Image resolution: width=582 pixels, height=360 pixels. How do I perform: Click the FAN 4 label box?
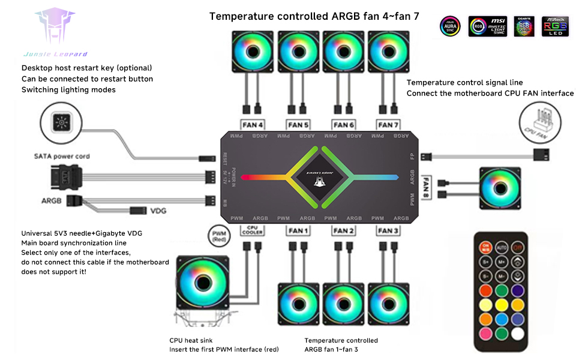[x=252, y=125]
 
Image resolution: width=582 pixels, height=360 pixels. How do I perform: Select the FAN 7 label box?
[x=385, y=125]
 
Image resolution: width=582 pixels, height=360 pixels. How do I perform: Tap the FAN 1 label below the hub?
[x=298, y=230]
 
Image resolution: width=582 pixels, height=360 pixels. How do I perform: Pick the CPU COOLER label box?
[x=252, y=230]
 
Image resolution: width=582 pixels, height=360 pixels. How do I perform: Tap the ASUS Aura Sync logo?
[x=449, y=26]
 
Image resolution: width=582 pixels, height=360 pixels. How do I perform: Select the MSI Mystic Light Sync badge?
[x=488, y=26]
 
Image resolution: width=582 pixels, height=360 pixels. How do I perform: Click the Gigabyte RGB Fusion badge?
[x=525, y=26]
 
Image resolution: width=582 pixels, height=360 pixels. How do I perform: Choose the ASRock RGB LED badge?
[x=555, y=26]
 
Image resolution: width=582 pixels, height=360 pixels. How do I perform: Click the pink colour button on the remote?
[x=485, y=332]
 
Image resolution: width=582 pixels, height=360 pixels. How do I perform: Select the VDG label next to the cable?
[x=158, y=211]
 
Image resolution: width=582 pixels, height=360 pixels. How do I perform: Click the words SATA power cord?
[x=62, y=156]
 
